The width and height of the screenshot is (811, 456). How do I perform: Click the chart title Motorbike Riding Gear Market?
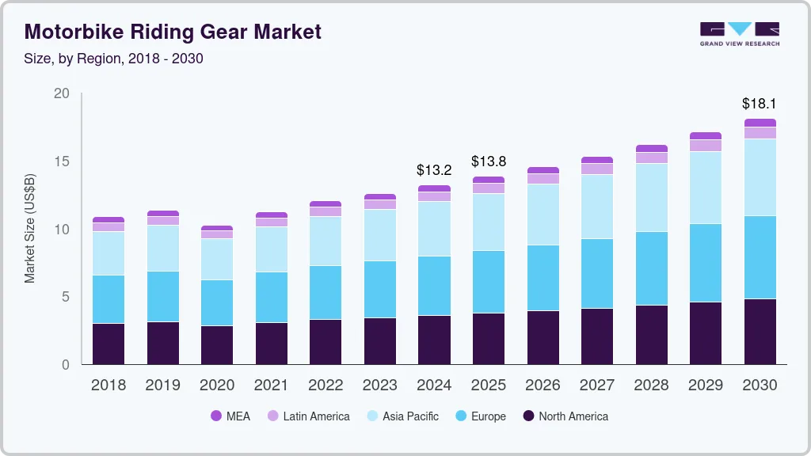(173, 32)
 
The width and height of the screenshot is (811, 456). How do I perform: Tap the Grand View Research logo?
(739, 33)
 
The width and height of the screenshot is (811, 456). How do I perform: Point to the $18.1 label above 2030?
(759, 103)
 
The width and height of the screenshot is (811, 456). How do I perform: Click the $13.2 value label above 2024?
(434, 169)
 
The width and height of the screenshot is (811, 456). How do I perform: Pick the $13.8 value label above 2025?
(489, 161)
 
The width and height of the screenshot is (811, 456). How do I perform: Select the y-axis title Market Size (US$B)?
(30, 229)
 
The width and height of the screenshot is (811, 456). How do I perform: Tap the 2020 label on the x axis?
(217, 386)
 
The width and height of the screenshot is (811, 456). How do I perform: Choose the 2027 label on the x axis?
(596, 386)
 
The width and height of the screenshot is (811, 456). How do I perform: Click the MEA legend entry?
(230, 416)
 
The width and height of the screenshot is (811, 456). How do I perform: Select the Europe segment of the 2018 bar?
(109, 299)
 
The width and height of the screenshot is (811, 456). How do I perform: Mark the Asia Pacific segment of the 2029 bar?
(705, 188)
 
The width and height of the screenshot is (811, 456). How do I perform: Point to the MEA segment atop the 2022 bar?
(326, 204)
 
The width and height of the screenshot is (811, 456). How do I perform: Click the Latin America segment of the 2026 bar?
(543, 179)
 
